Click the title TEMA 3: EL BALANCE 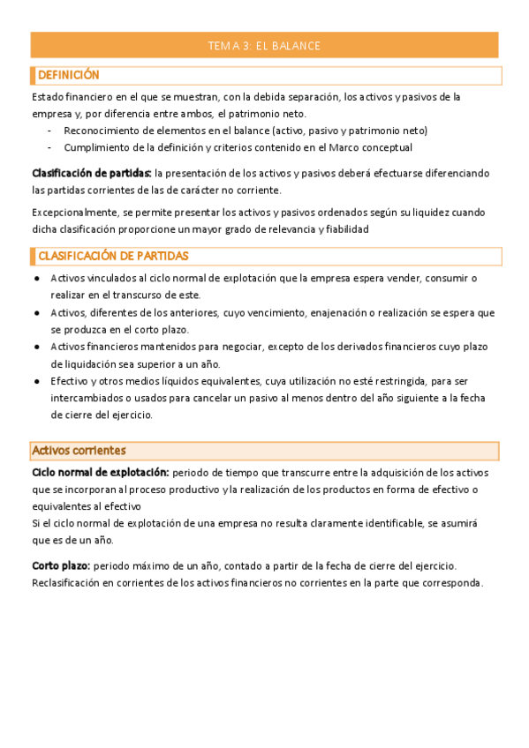(x=263, y=46)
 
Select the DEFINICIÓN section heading (x=68, y=76)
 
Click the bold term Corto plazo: (x=61, y=565)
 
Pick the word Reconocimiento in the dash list (x=107, y=131)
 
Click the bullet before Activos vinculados (x=35, y=279)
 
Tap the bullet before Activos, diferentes (x=35, y=313)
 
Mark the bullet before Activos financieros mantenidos (x=35, y=347)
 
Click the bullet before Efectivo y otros (x=35, y=382)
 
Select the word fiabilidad (x=344, y=229)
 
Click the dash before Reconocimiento (x=50, y=131)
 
